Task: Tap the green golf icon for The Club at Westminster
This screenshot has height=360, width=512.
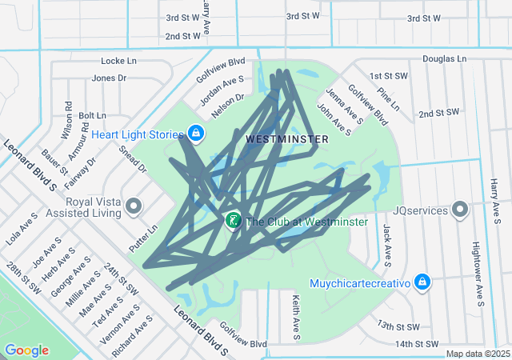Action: (x=233, y=221)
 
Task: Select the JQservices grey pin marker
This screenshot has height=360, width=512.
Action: (x=460, y=210)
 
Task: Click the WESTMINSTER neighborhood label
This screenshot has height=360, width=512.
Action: (x=287, y=139)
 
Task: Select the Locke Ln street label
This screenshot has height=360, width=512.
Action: (x=119, y=61)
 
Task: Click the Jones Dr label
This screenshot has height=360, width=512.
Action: (x=109, y=78)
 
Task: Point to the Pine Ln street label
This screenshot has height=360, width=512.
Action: (x=388, y=98)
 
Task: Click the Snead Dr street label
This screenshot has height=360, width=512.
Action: (x=133, y=158)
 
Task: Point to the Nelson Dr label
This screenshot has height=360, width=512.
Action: (x=228, y=102)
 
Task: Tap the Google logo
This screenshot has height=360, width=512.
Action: (x=27, y=350)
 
